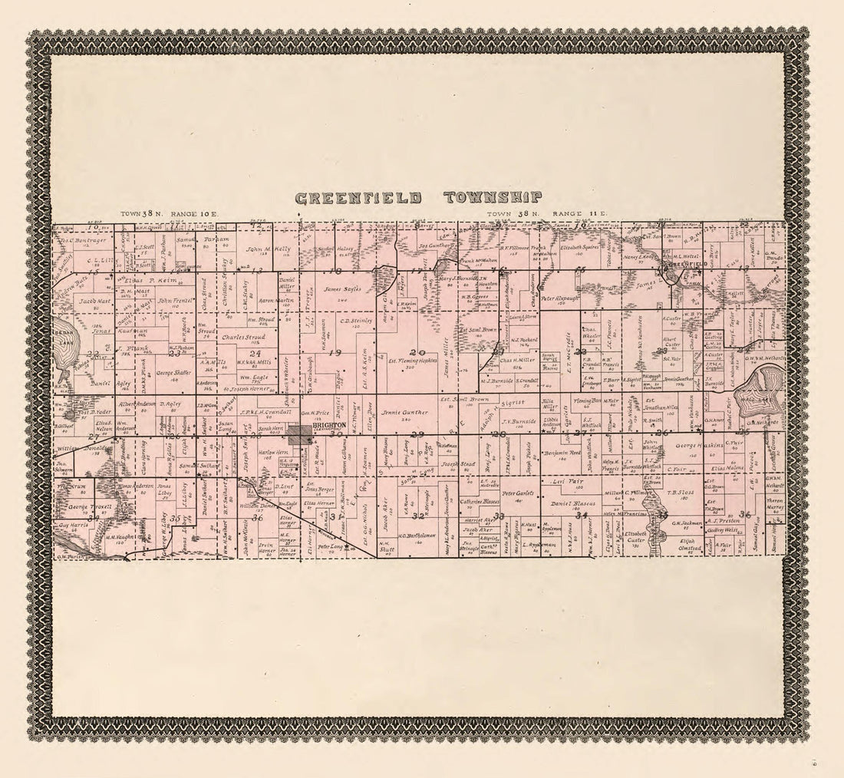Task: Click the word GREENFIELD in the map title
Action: click(x=358, y=198)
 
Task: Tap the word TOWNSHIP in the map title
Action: click(x=493, y=198)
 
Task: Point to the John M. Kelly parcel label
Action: click(x=268, y=249)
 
